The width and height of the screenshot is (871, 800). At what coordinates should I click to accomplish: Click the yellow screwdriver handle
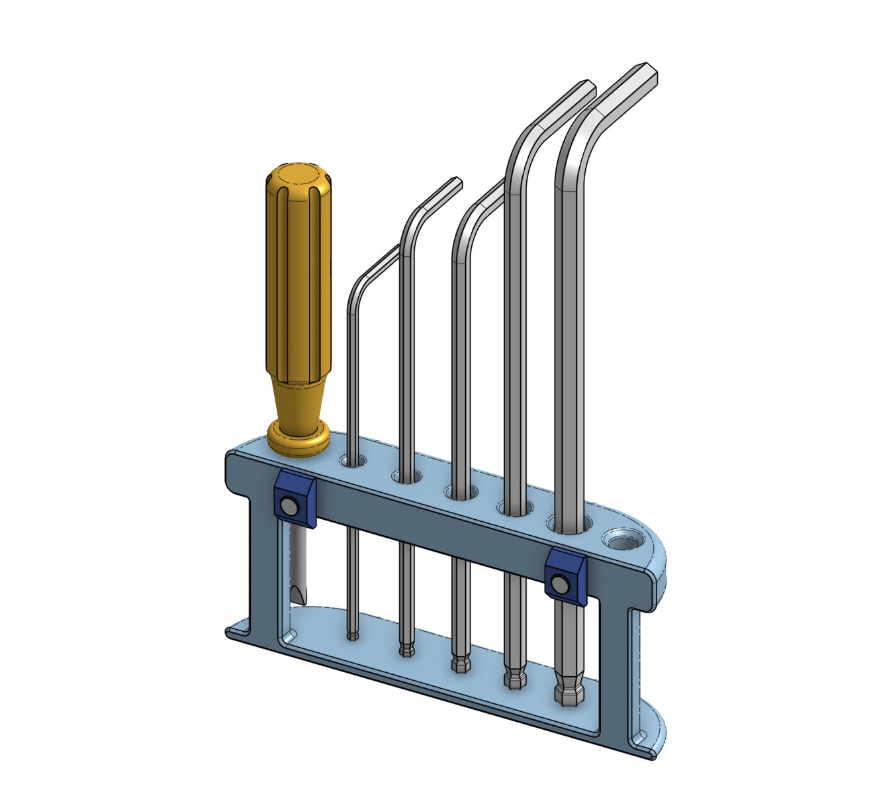point(298,278)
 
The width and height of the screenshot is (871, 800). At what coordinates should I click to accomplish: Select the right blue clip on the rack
point(566,577)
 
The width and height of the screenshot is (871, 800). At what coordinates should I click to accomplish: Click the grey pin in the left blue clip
point(288,507)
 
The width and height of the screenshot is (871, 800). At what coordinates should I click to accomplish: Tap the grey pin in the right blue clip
point(560,585)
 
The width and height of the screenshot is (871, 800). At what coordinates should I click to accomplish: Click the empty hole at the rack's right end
point(622,542)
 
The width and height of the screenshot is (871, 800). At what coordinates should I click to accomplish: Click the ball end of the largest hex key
point(569,694)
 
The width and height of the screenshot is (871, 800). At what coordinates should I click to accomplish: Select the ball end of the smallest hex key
point(353,635)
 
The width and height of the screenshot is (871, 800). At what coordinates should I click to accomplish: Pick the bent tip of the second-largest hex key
point(582,90)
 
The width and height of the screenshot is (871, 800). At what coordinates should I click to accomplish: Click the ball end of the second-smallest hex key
point(406,650)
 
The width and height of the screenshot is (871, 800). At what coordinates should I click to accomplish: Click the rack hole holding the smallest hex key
point(353,462)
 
